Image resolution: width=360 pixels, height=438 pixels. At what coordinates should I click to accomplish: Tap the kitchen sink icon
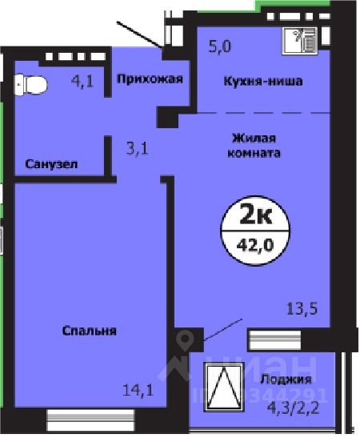pyautogui.click(x=305, y=39)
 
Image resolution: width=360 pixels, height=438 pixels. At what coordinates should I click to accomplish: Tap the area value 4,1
pyautogui.click(x=82, y=79)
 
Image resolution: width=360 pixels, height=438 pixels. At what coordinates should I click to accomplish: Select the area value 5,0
pyautogui.click(x=220, y=46)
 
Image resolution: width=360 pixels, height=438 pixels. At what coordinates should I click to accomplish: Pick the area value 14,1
pyautogui.click(x=137, y=392)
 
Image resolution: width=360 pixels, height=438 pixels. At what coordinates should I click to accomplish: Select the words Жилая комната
pyautogui.click(x=256, y=143)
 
